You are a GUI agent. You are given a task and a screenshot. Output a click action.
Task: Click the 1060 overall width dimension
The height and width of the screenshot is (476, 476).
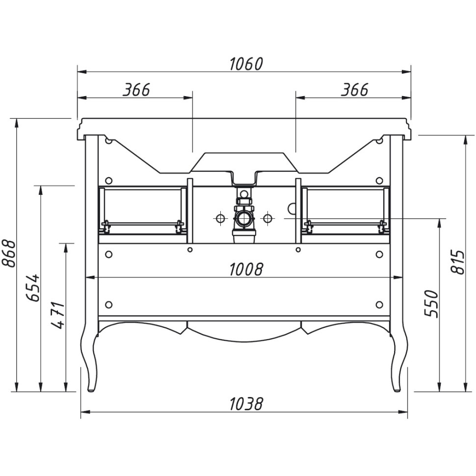pyautogui.click(x=245, y=64)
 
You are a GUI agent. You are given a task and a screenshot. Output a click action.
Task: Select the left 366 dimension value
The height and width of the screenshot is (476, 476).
pyautogui.click(x=136, y=90)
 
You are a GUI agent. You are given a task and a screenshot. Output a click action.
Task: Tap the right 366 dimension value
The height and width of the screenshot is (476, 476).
pyautogui.click(x=354, y=90)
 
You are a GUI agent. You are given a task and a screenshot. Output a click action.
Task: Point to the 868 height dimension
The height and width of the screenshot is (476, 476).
pyautogui.click(x=9, y=254)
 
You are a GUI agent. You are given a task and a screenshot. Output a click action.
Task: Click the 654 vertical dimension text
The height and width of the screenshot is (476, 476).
pyautogui.click(x=33, y=288)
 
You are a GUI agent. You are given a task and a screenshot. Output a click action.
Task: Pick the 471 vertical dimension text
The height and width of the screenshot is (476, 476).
pyautogui.click(x=58, y=315)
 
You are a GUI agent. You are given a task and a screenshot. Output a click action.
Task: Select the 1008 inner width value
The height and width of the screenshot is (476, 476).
pyautogui.click(x=245, y=269)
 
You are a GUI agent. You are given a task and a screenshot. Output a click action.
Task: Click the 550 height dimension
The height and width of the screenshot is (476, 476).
pyautogui.click(x=432, y=304)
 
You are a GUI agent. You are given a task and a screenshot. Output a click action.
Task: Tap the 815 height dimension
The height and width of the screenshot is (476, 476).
pyautogui.click(x=457, y=262)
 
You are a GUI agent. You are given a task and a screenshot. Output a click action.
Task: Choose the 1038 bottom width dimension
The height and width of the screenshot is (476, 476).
pyautogui.click(x=245, y=404)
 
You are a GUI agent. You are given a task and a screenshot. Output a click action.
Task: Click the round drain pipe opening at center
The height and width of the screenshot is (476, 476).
pyautogui.click(x=244, y=218)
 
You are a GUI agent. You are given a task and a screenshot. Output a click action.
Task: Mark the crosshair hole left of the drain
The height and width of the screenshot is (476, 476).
pyautogui.click(x=221, y=218)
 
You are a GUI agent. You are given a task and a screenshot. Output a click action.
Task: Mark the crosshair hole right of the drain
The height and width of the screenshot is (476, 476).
pyautogui.click(x=267, y=218)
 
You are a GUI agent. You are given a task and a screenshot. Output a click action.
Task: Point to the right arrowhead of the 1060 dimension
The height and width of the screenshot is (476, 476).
pyautogui.click(x=406, y=72)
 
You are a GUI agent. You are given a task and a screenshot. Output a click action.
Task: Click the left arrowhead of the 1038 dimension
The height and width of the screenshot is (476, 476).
pyautogui.click(x=85, y=412)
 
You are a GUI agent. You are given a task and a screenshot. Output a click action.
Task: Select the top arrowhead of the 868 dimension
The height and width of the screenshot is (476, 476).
pyautogui.click(x=16, y=123)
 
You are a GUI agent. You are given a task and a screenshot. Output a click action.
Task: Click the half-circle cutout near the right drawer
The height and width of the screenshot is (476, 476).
pyautogui.click(x=291, y=208)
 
